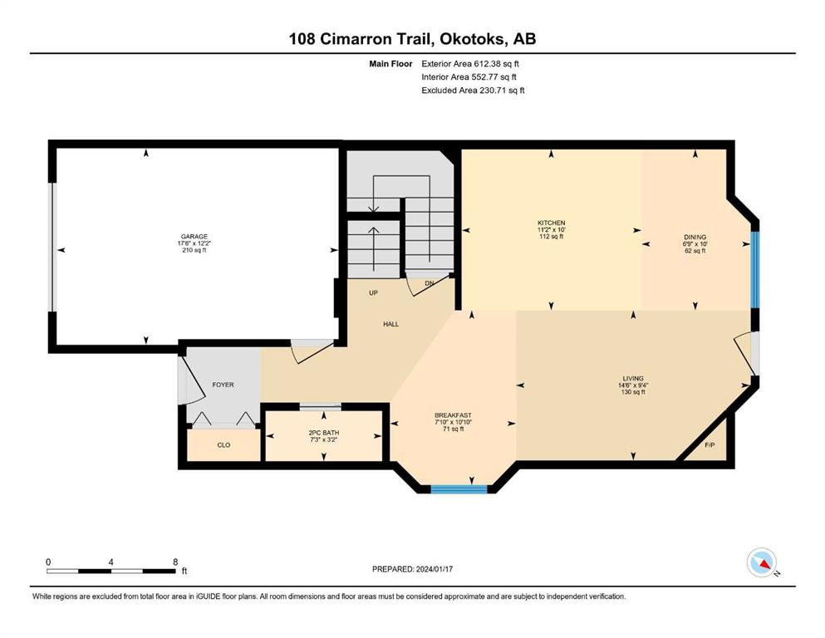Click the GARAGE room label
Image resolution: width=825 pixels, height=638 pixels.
click(194, 237)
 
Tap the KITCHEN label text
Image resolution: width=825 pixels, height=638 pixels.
click(552, 223)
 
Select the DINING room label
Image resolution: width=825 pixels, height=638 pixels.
click(695, 238)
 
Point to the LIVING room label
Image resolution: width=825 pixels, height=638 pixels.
click(633, 378)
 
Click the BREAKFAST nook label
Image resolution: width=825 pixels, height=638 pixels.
click(453, 415)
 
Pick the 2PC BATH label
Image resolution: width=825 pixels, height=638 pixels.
click(323, 433)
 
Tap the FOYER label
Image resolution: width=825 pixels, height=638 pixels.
click(223, 385)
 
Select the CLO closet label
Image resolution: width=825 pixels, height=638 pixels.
click(223, 445)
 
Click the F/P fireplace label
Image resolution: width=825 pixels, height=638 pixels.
click(710, 445)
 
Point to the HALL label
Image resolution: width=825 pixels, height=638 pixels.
click(391, 324)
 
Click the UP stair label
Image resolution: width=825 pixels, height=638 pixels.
click(373, 293)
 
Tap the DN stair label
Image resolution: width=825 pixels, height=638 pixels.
click(430, 283)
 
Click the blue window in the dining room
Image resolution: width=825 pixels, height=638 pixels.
click(754, 269)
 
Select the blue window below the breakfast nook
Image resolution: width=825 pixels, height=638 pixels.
click(459, 489)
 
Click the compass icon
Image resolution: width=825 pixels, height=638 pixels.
click(762, 562)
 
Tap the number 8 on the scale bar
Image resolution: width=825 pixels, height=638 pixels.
click(175, 562)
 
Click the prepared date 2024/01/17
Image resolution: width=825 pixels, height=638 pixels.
click(435, 569)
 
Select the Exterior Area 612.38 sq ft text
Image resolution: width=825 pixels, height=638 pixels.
click(470, 64)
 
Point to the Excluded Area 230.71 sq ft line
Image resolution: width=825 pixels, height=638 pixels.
click(473, 90)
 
